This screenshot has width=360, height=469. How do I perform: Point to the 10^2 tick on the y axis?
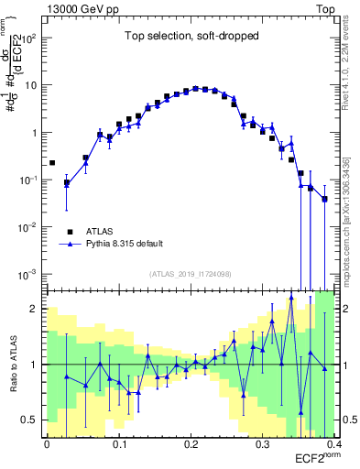click(32, 38)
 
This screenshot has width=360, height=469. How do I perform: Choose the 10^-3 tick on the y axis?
click(32, 274)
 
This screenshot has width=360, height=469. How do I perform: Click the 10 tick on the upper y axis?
click(34, 85)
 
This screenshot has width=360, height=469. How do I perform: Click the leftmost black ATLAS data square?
click(52, 163)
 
